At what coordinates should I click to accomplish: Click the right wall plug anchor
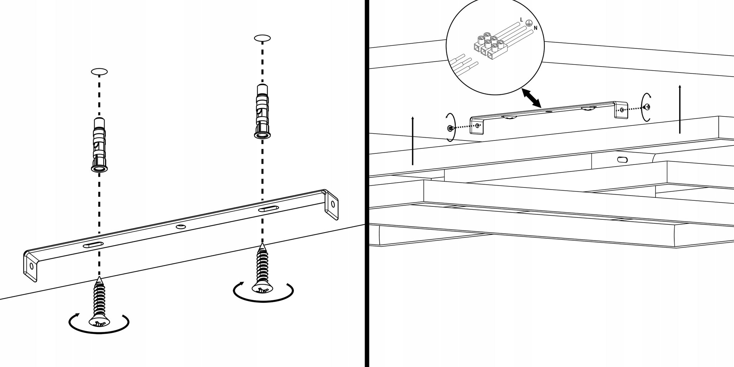(x=262, y=111)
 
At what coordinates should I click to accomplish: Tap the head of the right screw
(x=263, y=287)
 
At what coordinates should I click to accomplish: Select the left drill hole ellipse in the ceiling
(x=99, y=72)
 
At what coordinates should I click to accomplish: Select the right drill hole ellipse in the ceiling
(x=262, y=38)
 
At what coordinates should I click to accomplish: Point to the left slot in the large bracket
(x=93, y=245)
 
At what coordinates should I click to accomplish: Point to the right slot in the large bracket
(x=268, y=209)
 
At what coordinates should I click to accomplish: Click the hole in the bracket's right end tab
(x=333, y=204)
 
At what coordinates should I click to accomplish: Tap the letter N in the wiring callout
(x=535, y=28)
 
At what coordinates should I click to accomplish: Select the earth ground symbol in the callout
(x=528, y=23)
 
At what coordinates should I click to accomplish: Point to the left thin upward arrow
(x=413, y=140)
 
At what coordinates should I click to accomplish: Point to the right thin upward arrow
(x=680, y=109)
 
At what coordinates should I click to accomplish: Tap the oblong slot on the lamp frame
(x=623, y=159)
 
